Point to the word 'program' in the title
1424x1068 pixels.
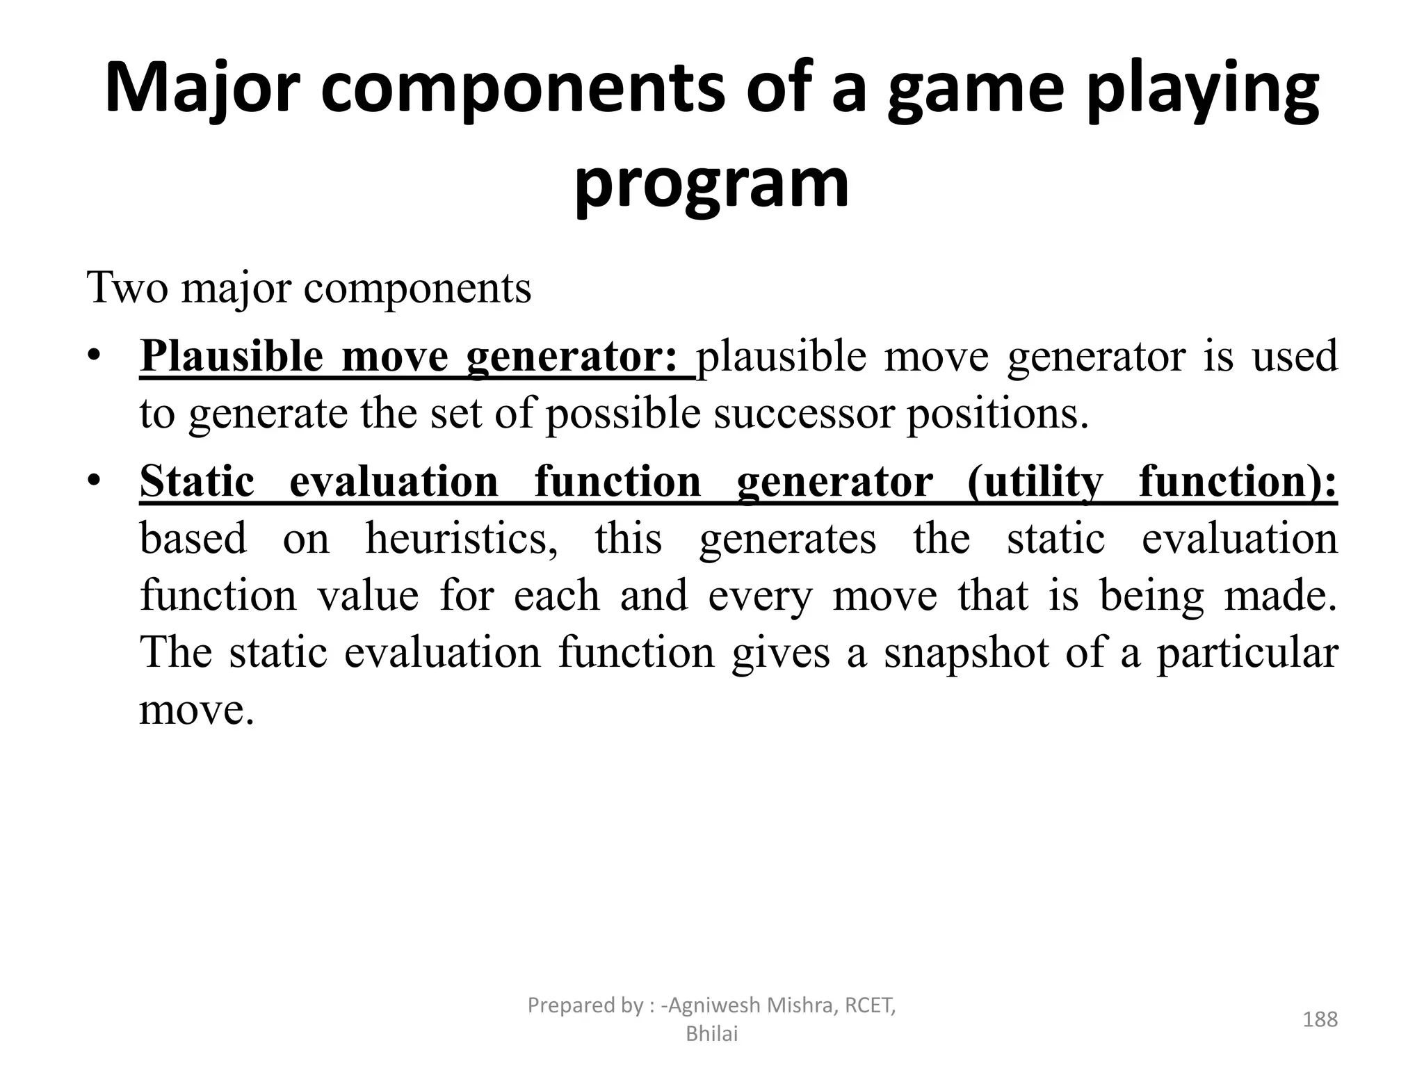click(711, 183)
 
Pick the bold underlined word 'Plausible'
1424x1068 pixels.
click(232, 356)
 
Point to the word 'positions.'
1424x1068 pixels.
click(996, 414)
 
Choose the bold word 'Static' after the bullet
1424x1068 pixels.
click(197, 481)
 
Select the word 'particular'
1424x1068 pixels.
click(1247, 653)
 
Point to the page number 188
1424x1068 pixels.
click(1320, 1019)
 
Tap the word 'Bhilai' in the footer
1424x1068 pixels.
click(711, 1034)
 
